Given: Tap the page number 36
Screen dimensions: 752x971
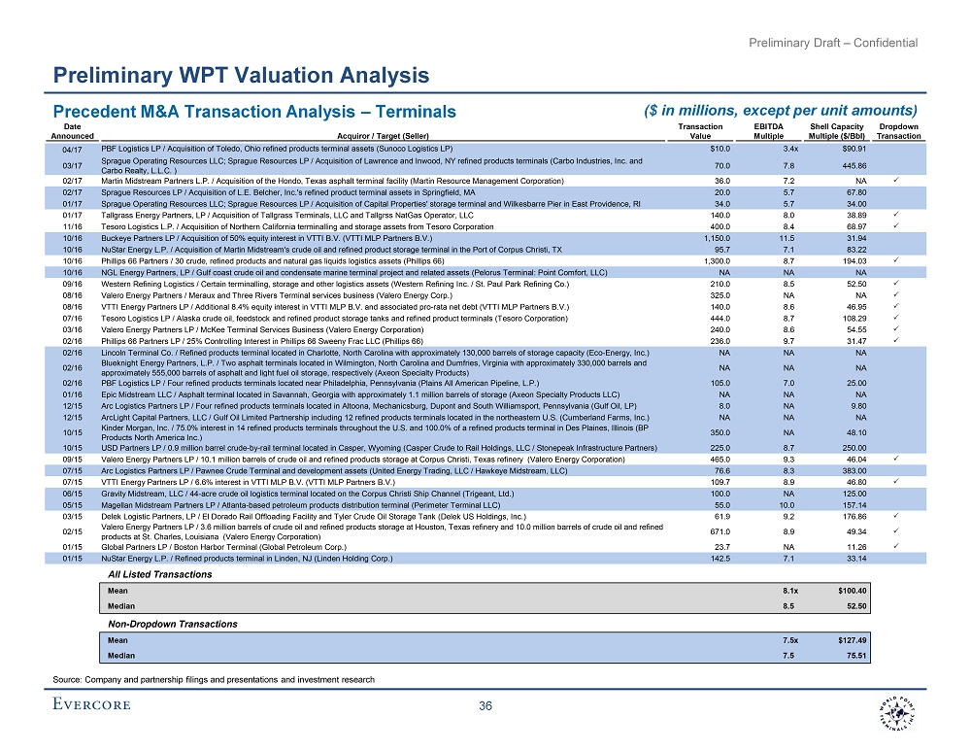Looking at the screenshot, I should click(x=485, y=706).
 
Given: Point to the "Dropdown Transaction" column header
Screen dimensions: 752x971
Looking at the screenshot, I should click(x=899, y=131).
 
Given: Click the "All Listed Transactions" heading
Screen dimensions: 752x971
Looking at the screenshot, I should click(x=159, y=574).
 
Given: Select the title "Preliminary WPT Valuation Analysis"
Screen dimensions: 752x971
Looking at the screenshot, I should click(x=241, y=75).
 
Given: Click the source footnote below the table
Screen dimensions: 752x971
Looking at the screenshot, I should click(x=213, y=677).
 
